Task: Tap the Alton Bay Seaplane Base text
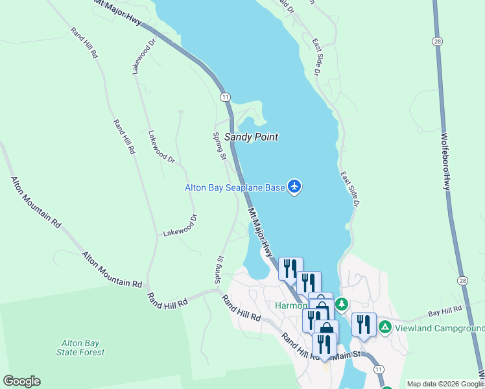235,187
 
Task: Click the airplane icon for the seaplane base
295,187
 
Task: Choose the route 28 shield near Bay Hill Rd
462,280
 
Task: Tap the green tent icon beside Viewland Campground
385,327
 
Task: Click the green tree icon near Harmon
341,304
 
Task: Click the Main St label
348,356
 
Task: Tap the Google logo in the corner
21,381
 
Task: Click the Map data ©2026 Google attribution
445,384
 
